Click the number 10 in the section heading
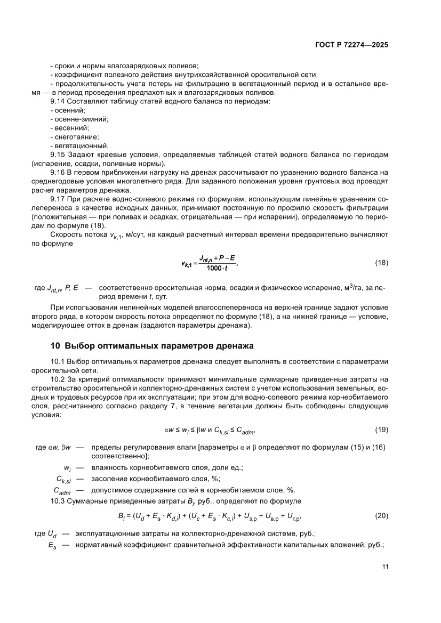click(55, 346)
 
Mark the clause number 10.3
click(58, 501)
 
